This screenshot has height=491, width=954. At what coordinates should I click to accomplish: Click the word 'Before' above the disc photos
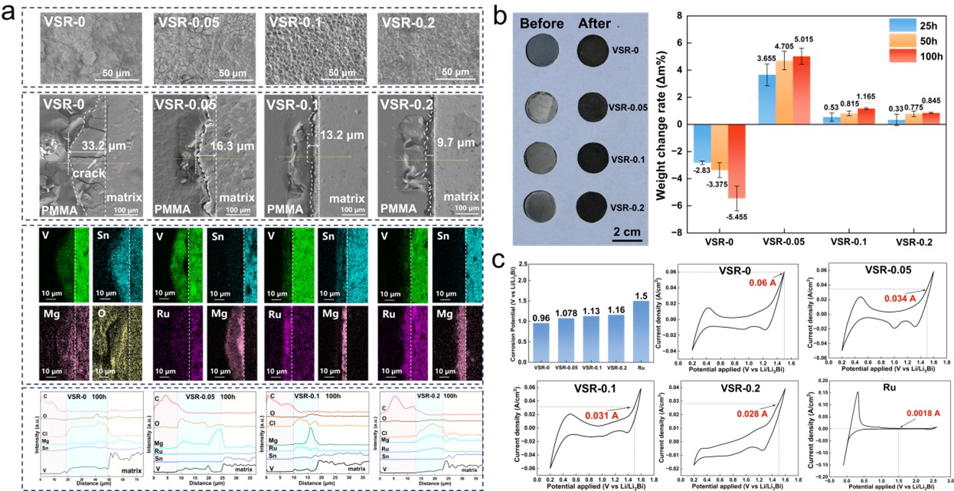pos(544,22)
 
